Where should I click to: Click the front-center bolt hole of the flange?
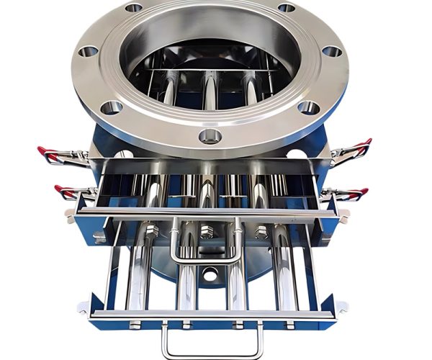click(x=210, y=135)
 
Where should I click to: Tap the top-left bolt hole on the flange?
click(x=134, y=8)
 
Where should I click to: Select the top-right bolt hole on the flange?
click(x=286, y=8)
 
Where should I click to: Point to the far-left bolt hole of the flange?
click(x=88, y=52)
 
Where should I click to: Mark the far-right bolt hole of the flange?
click(x=332, y=52)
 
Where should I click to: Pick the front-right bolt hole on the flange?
click(x=307, y=107)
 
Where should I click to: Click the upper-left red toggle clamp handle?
click(x=49, y=152)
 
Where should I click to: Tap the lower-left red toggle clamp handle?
click(x=65, y=192)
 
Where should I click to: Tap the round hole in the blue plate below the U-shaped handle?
click(x=209, y=275)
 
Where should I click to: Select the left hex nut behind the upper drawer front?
click(x=152, y=232)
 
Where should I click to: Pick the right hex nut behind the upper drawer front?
click(x=261, y=232)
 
